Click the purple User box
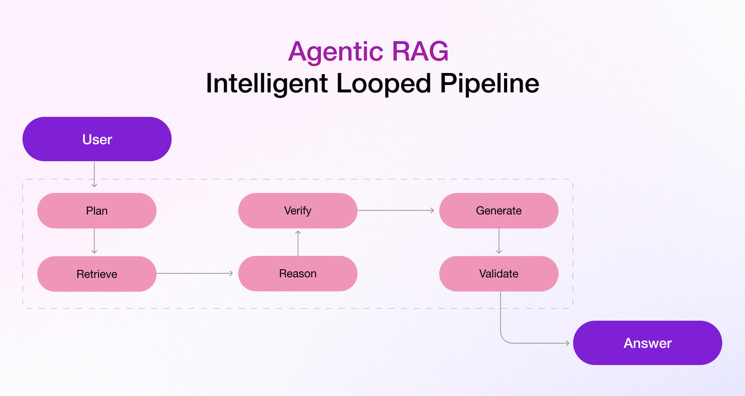pos(97,139)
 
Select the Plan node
pos(97,211)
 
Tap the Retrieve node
pos(97,274)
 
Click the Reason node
pos(298,273)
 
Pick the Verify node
pos(298,210)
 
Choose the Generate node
pos(499,210)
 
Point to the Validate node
pos(499,273)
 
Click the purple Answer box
pos(647,343)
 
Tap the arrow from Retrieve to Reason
pos(194,273)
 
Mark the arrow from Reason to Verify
pos(298,243)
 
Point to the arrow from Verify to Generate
pos(395,210)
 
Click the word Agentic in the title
pos(336,51)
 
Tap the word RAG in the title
pos(420,51)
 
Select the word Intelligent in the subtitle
pos(267,83)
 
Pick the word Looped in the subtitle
pos(383,83)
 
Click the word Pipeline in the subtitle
pos(489,83)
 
